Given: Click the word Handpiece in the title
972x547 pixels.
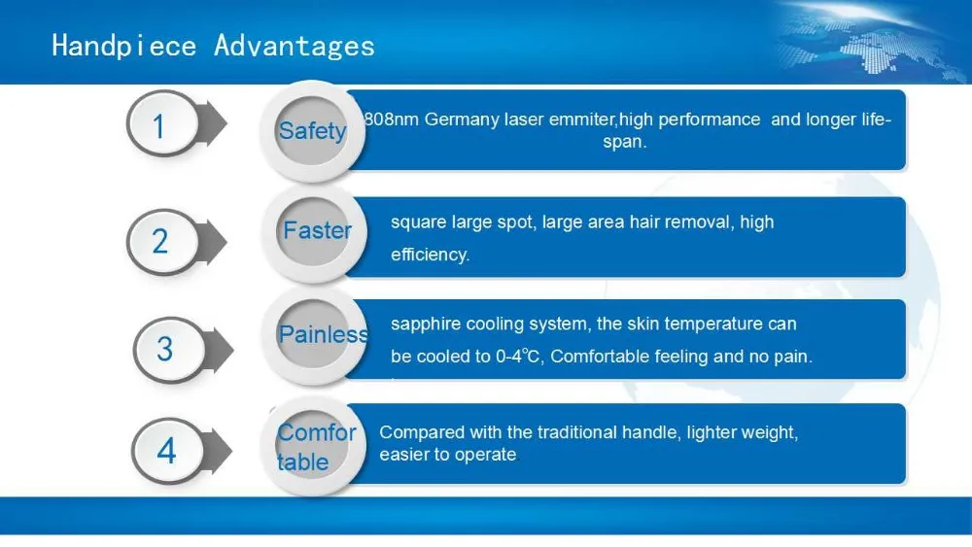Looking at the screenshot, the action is (x=124, y=46).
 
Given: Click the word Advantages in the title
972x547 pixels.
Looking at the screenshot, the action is (x=295, y=46).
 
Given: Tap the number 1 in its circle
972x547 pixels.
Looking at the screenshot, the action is (x=158, y=125).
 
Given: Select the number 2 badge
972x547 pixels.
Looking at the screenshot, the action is (x=163, y=242).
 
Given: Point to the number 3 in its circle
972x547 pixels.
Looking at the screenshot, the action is (x=165, y=349).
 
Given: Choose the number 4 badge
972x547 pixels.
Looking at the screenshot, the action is (x=167, y=451).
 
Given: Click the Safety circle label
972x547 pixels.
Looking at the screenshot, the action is (x=312, y=131).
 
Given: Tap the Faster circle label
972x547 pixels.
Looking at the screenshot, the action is (x=317, y=230).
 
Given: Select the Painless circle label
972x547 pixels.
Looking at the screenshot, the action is (x=323, y=334).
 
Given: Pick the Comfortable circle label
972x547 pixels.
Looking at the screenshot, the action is (x=316, y=447).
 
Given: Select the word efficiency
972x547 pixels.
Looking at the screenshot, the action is (x=430, y=255).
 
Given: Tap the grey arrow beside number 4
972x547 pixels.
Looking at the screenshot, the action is (x=217, y=451).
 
